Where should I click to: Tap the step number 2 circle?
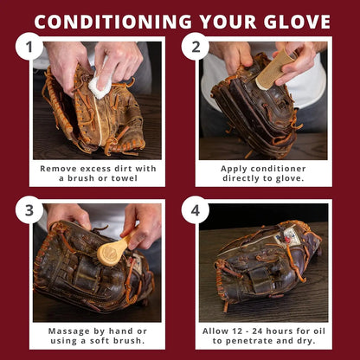click(x=196, y=46)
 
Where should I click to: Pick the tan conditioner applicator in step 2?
click(x=275, y=69)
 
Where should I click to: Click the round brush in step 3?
click(x=109, y=253)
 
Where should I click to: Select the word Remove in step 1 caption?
click(x=59, y=167)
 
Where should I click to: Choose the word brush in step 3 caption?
click(x=124, y=342)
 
